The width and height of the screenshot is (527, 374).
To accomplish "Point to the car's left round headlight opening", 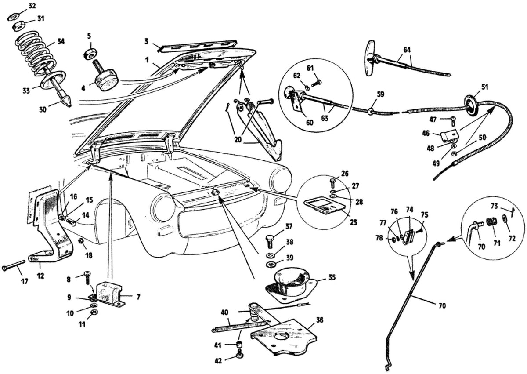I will pyautogui.click(x=163, y=207).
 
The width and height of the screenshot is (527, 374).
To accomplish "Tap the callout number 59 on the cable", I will pyautogui.click(x=381, y=94).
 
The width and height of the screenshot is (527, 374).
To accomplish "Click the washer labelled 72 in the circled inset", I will pyautogui.click(x=505, y=218).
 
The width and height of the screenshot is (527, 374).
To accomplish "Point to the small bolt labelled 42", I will pyautogui.click(x=239, y=354).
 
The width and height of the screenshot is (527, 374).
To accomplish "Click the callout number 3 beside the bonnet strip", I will pyautogui.click(x=146, y=41).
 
